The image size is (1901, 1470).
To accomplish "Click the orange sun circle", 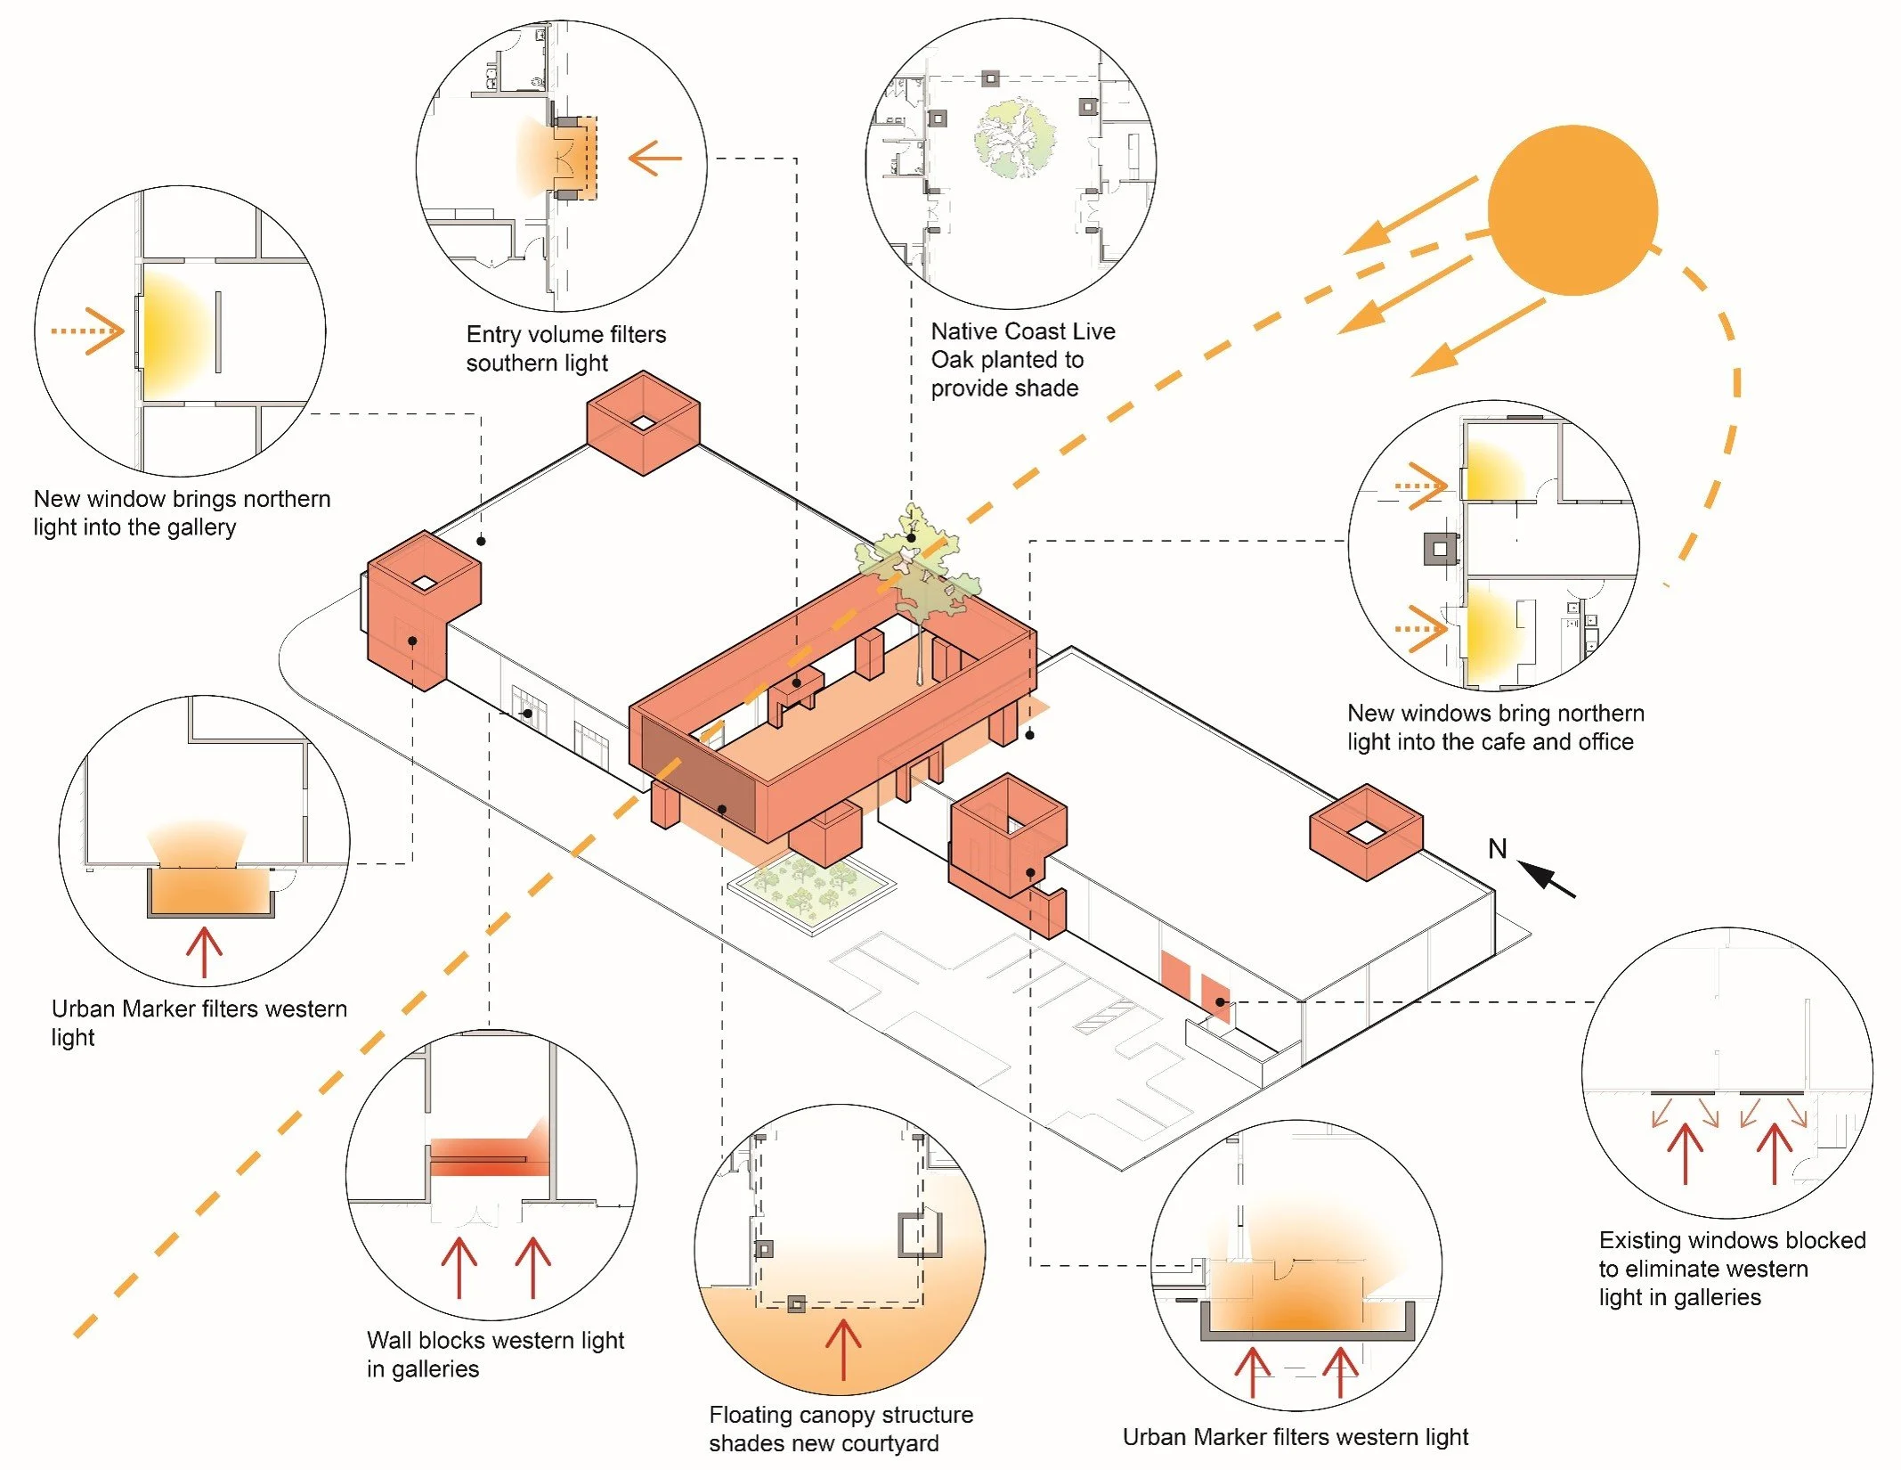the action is point(1572,210).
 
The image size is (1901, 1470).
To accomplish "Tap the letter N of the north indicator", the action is point(1498,849).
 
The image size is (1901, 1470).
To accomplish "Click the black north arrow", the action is point(1547,878).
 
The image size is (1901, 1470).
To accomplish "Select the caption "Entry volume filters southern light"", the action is point(566,348).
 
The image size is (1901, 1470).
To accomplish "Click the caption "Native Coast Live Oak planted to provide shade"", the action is point(1023,360).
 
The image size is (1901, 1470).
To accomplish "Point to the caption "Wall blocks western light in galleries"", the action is point(495,1354).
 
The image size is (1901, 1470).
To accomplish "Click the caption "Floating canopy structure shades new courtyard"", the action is point(841,1429).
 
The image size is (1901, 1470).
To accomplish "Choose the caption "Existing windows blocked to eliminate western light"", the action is point(1732,1269).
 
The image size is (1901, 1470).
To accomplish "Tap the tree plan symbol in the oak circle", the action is point(1015,139).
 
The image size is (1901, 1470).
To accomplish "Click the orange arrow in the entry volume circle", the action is point(654,158).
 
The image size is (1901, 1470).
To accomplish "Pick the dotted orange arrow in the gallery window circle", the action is point(87,331).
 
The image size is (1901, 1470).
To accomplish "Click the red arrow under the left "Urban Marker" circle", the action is point(204,952).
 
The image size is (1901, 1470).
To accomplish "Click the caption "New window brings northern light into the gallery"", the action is point(182,512).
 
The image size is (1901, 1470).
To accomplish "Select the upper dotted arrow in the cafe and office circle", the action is point(1421,486).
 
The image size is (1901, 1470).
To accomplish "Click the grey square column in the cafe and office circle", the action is point(1441,549).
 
